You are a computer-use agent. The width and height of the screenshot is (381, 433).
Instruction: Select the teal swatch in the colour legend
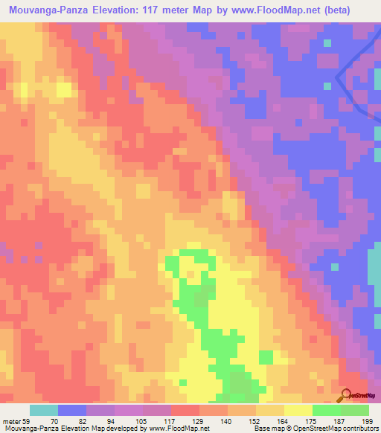[44, 410]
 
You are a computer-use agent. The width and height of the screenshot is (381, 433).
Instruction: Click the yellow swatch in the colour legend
[298, 410]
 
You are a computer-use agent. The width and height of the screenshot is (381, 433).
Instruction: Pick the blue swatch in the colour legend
[72, 410]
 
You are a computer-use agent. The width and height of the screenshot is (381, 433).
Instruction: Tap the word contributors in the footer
[359, 429]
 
